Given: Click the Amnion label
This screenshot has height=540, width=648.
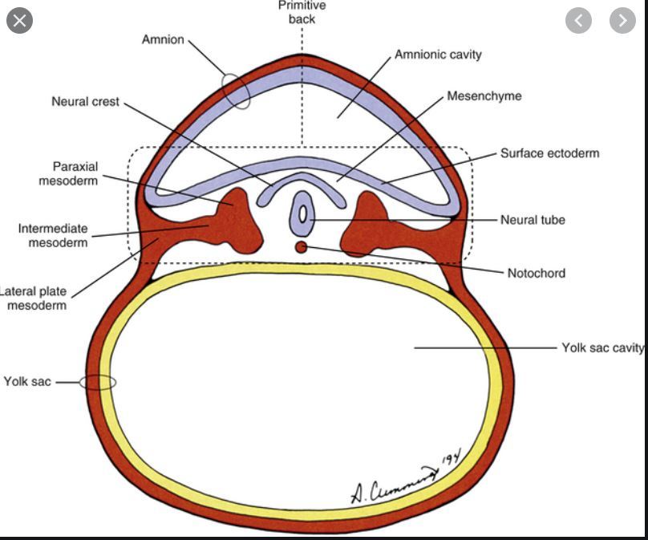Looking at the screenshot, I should (164, 39).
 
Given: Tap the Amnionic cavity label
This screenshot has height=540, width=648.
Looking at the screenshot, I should (438, 55).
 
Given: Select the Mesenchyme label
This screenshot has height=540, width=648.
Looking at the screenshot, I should (484, 96).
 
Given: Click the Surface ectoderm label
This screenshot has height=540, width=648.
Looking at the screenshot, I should (549, 153).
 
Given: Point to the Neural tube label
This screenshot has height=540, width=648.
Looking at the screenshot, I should (533, 219).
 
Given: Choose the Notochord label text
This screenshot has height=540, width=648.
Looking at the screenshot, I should (536, 273).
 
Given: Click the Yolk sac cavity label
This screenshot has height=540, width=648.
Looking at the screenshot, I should (602, 347).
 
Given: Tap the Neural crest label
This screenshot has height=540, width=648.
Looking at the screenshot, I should (85, 102).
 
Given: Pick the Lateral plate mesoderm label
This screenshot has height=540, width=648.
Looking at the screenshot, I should (34, 298).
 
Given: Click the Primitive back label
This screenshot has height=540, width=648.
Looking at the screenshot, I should (302, 12).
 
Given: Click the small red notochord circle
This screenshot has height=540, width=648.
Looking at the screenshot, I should (301, 247).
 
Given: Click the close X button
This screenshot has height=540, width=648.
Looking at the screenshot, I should (20, 20).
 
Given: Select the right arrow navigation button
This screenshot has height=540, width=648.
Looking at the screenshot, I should (622, 20).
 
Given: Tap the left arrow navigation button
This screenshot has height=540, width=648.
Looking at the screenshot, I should (579, 20).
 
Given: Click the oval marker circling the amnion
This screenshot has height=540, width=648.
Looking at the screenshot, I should (237, 92).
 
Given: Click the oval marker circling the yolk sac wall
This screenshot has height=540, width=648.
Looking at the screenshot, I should (99, 383).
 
